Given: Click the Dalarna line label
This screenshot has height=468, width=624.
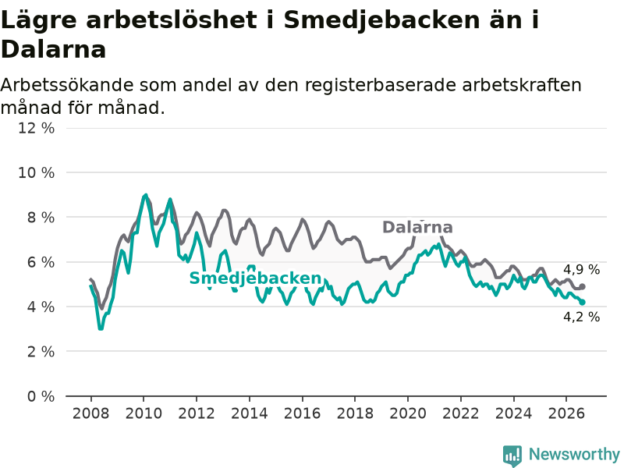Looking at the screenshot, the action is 417,227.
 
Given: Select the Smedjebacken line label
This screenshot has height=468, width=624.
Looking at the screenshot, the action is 255,278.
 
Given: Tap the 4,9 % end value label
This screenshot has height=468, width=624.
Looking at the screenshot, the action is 581,270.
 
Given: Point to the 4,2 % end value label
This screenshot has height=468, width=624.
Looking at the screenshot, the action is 581,317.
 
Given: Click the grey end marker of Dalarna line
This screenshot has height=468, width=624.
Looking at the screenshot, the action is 582,286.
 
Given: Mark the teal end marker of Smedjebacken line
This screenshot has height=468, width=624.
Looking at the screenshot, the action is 582,303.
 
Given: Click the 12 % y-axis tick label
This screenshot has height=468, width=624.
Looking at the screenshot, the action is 36,128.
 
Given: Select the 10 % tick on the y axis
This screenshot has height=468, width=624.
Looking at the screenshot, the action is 36,172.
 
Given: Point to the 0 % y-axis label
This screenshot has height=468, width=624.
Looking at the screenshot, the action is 41,396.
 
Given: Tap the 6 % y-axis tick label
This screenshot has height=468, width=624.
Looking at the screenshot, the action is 41,262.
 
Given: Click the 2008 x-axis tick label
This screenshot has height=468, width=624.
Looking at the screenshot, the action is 90,413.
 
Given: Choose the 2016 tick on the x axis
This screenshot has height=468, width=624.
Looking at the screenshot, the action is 302,413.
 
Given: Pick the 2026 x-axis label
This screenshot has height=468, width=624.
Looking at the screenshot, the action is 566,413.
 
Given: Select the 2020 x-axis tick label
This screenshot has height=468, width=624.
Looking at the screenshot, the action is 408,413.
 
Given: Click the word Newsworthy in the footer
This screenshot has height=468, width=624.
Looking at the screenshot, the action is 574,454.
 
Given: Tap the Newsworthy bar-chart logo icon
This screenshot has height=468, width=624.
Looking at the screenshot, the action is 512,456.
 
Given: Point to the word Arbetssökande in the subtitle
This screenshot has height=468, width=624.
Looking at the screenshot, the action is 67,85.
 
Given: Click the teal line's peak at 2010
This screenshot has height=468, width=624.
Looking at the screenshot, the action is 145,196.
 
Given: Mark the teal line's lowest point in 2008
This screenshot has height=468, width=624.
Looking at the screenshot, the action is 101,328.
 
